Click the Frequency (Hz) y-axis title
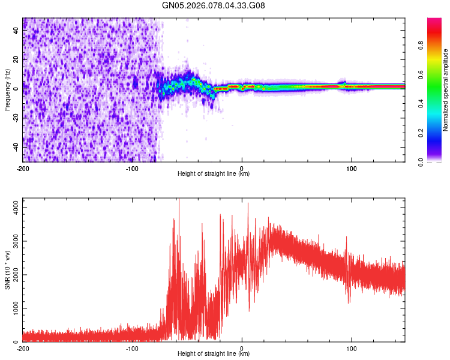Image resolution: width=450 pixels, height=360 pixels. (x=8, y=90)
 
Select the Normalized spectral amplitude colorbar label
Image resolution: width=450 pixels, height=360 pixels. (x=446, y=90)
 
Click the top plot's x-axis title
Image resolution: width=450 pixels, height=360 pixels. (x=214, y=174)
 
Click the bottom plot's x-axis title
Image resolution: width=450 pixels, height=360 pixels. (x=214, y=354)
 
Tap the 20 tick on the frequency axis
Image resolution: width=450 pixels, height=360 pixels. (x=16, y=59)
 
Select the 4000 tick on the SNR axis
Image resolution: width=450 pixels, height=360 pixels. (x=12, y=207)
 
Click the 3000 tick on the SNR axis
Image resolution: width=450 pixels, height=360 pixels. (x=12, y=241)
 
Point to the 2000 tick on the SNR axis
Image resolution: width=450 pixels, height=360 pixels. (x=12, y=274)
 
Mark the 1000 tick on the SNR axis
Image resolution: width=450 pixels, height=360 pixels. (x=12, y=308)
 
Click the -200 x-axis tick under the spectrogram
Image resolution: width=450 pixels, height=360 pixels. (x=23, y=168)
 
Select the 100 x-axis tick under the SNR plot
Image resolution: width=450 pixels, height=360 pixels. (x=351, y=348)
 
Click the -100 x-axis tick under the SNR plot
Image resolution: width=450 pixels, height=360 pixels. (x=132, y=348)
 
